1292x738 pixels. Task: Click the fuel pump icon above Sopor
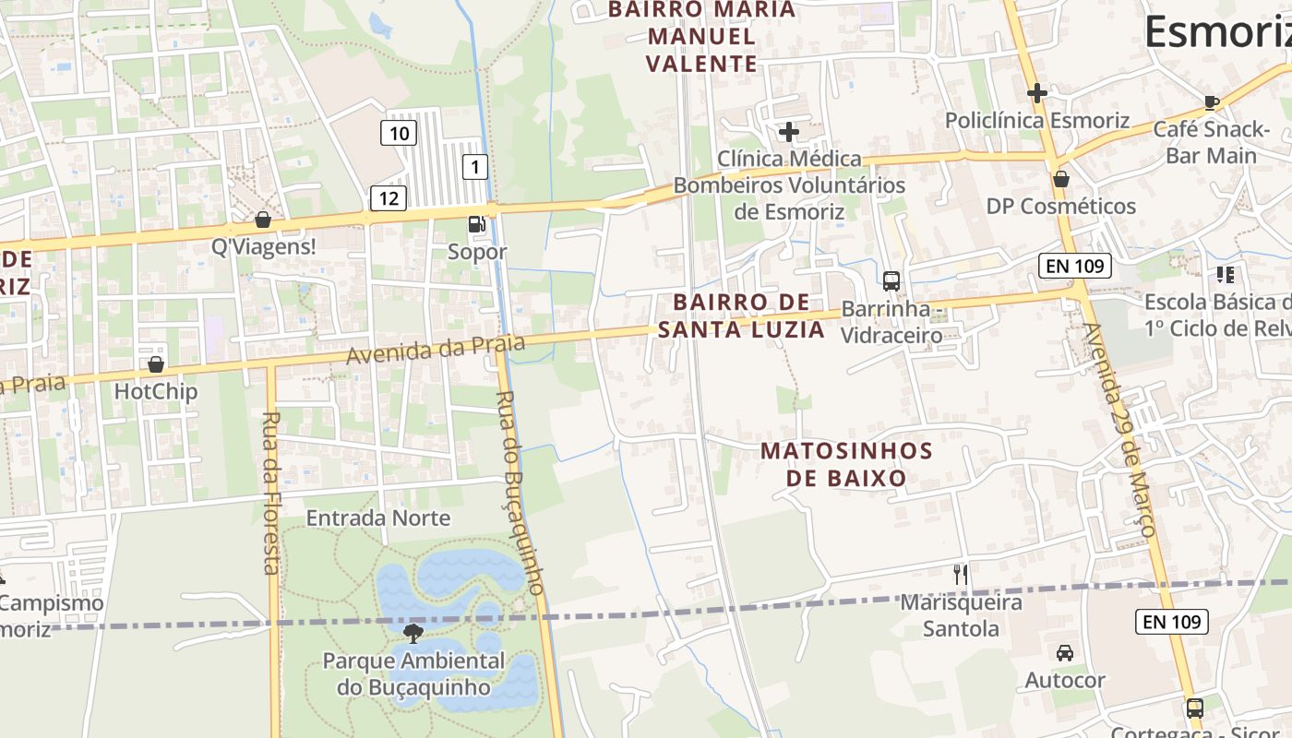pos(476,223)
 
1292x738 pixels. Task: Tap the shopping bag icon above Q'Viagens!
pos(263,220)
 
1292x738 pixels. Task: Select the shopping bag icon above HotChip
pos(156,364)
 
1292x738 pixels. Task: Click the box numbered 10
pos(399,134)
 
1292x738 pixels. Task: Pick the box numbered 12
pos(389,196)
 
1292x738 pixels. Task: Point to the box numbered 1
pos(474,167)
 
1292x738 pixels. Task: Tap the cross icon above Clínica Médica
pos(789,132)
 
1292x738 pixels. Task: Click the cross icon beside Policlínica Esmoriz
pos(1037,92)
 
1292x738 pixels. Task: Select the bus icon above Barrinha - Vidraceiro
pos(891,280)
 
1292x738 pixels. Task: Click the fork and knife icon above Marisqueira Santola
pos(961,575)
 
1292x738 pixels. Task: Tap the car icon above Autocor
pos(1065,653)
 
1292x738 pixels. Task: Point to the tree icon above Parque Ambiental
pos(413,633)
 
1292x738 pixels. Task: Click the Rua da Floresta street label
pos(270,493)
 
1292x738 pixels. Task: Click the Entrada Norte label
pos(378,518)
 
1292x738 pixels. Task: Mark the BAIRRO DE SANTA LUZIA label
pos(742,315)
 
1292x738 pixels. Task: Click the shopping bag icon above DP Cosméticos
pos(1061,179)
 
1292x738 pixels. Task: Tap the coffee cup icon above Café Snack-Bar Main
pos(1212,102)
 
